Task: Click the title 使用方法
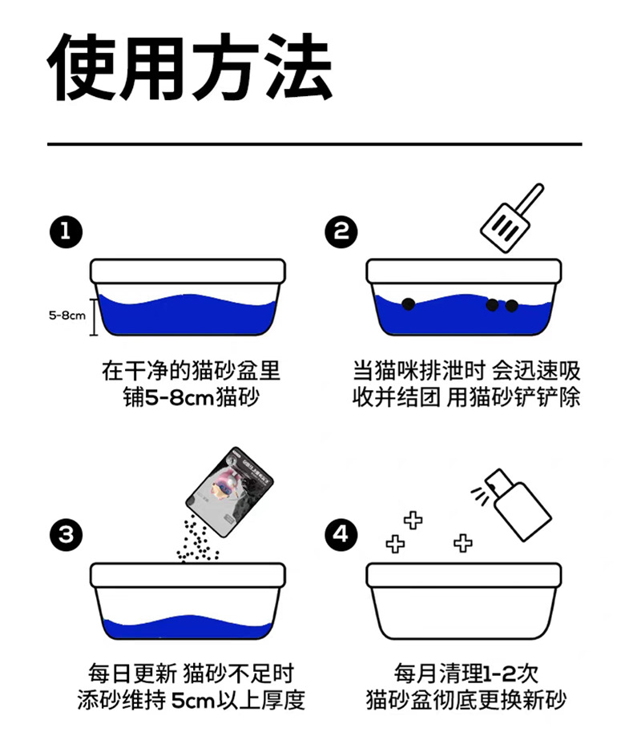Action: [190, 66]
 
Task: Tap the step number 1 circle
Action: [65, 232]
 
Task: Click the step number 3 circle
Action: [65, 534]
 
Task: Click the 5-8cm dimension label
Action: [67, 316]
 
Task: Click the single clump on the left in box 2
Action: [407, 303]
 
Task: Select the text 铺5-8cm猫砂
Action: [190, 396]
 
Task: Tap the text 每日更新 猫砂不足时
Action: [191, 674]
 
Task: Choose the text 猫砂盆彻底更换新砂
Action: [466, 699]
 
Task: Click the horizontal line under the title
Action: [314, 145]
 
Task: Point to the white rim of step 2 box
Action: [463, 271]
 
